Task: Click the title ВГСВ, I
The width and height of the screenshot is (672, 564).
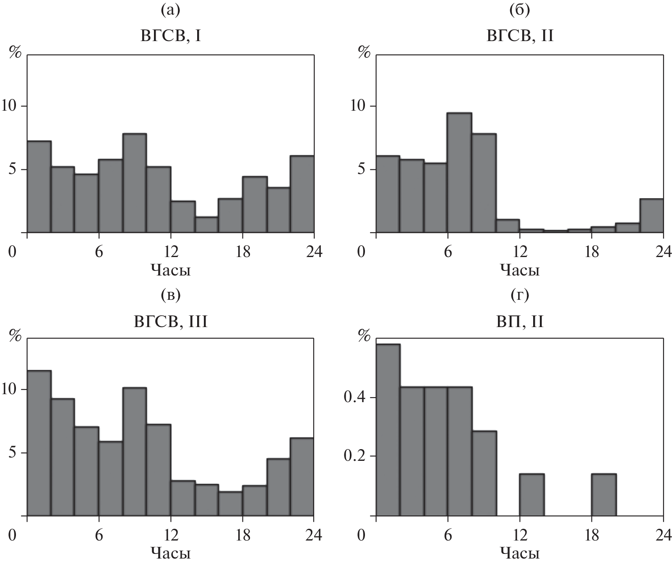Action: (170, 36)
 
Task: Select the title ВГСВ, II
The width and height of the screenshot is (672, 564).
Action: (520, 36)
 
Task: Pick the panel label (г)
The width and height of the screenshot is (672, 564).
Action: (520, 296)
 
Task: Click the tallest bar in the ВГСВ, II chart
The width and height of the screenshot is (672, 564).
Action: (459, 172)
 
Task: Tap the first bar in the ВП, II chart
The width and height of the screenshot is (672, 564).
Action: (388, 429)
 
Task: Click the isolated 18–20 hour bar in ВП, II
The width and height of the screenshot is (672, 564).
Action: (604, 494)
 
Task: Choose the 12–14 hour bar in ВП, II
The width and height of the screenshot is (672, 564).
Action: (531, 494)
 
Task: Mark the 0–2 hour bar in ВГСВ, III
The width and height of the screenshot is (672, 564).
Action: (39, 443)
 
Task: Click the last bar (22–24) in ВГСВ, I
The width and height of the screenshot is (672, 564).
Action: (302, 194)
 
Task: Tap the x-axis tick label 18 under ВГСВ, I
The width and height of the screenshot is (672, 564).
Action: (242, 252)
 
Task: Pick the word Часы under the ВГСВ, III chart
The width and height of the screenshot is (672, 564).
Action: (170, 554)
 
